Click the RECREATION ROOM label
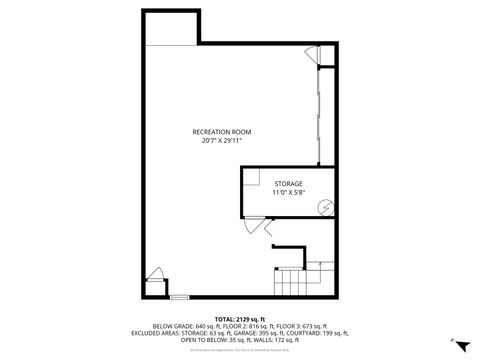[222, 132]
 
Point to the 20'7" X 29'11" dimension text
[222, 141]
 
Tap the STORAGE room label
[289, 184]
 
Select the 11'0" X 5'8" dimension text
[289, 192]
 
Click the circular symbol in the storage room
[324, 208]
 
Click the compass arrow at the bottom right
[459, 342]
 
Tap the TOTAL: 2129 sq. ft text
[240, 318]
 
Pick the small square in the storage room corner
[253, 180]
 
